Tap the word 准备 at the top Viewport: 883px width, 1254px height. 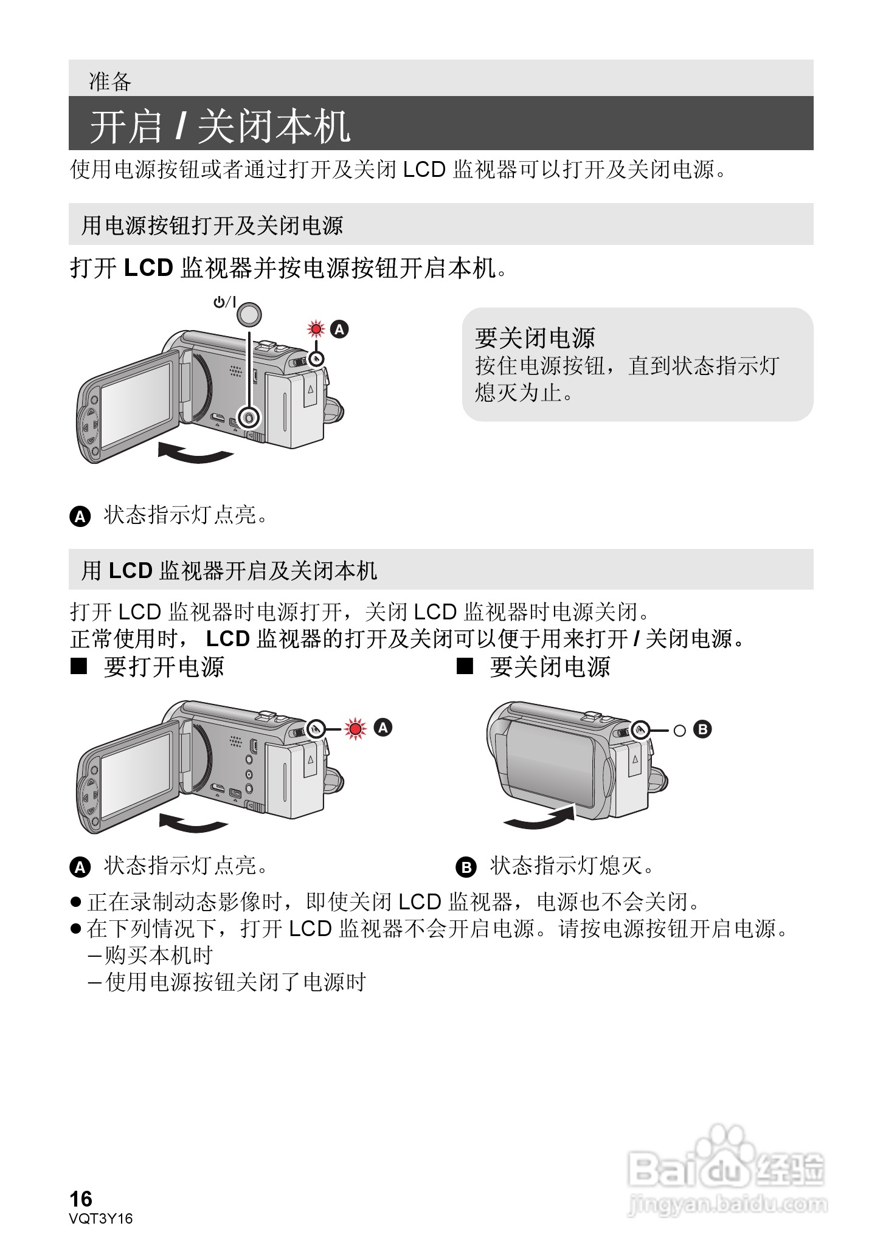tap(110, 81)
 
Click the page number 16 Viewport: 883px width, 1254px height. tap(81, 1199)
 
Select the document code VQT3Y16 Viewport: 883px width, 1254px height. tap(101, 1218)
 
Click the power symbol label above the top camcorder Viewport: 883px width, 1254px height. tap(224, 302)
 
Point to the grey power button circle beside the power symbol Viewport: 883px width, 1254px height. tap(249, 314)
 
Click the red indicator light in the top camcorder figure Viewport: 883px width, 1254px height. tap(316, 329)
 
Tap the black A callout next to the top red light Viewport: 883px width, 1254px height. tap(339, 329)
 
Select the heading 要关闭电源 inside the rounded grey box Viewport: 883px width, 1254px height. tap(535, 337)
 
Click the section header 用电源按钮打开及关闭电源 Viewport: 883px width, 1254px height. tap(212, 226)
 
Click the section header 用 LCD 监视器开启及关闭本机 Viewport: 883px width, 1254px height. tap(229, 570)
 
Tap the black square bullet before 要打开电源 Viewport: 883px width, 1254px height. tap(78, 667)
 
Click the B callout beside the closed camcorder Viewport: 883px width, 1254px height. tap(702, 729)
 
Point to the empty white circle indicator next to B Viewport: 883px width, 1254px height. tap(679, 730)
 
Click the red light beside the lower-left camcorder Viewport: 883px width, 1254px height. tap(355, 728)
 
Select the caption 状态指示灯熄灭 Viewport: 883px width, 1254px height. tap(571, 866)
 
